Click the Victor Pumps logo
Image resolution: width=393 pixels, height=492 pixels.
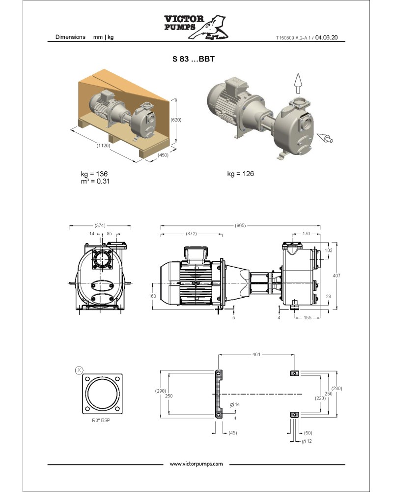pyautogui.click(x=196, y=27)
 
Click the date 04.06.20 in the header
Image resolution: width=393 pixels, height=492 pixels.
pyautogui.click(x=326, y=37)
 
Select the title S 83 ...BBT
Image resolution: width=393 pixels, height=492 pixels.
pyautogui.click(x=194, y=59)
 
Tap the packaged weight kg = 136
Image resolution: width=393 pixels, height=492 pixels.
pyautogui.click(x=94, y=174)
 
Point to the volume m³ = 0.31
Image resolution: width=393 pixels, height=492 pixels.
pyautogui.click(x=95, y=181)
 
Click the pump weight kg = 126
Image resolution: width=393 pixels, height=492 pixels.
pyautogui.click(x=240, y=174)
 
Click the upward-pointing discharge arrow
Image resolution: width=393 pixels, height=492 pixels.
pyautogui.click(x=298, y=84)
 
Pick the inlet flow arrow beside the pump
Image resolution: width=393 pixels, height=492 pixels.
pyautogui.click(x=325, y=138)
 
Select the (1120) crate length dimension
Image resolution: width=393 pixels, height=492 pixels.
pyautogui.click(x=103, y=146)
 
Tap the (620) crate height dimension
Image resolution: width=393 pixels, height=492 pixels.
pyautogui.click(x=176, y=120)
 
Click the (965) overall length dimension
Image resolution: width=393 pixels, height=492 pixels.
pyautogui.click(x=240, y=225)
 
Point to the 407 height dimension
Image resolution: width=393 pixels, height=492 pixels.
pyautogui.click(x=337, y=276)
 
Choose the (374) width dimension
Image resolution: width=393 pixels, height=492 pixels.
pyautogui.click(x=100, y=225)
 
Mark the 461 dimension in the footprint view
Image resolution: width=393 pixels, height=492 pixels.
pyautogui.click(x=256, y=354)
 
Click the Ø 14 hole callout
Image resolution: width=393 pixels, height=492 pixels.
pyautogui.click(x=235, y=404)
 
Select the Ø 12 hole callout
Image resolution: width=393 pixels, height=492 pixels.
pyautogui.click(x=307, y=441)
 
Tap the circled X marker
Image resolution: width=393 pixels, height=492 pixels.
pyautogui.click(x=79, y=370)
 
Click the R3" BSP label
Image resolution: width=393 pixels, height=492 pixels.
pyautogui.click(x=101, y=420)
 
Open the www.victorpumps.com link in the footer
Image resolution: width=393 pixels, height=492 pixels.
pyautogui.click(x=196, y=464)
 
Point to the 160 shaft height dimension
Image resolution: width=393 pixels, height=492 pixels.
pyautogui.click(x=152, y=296)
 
